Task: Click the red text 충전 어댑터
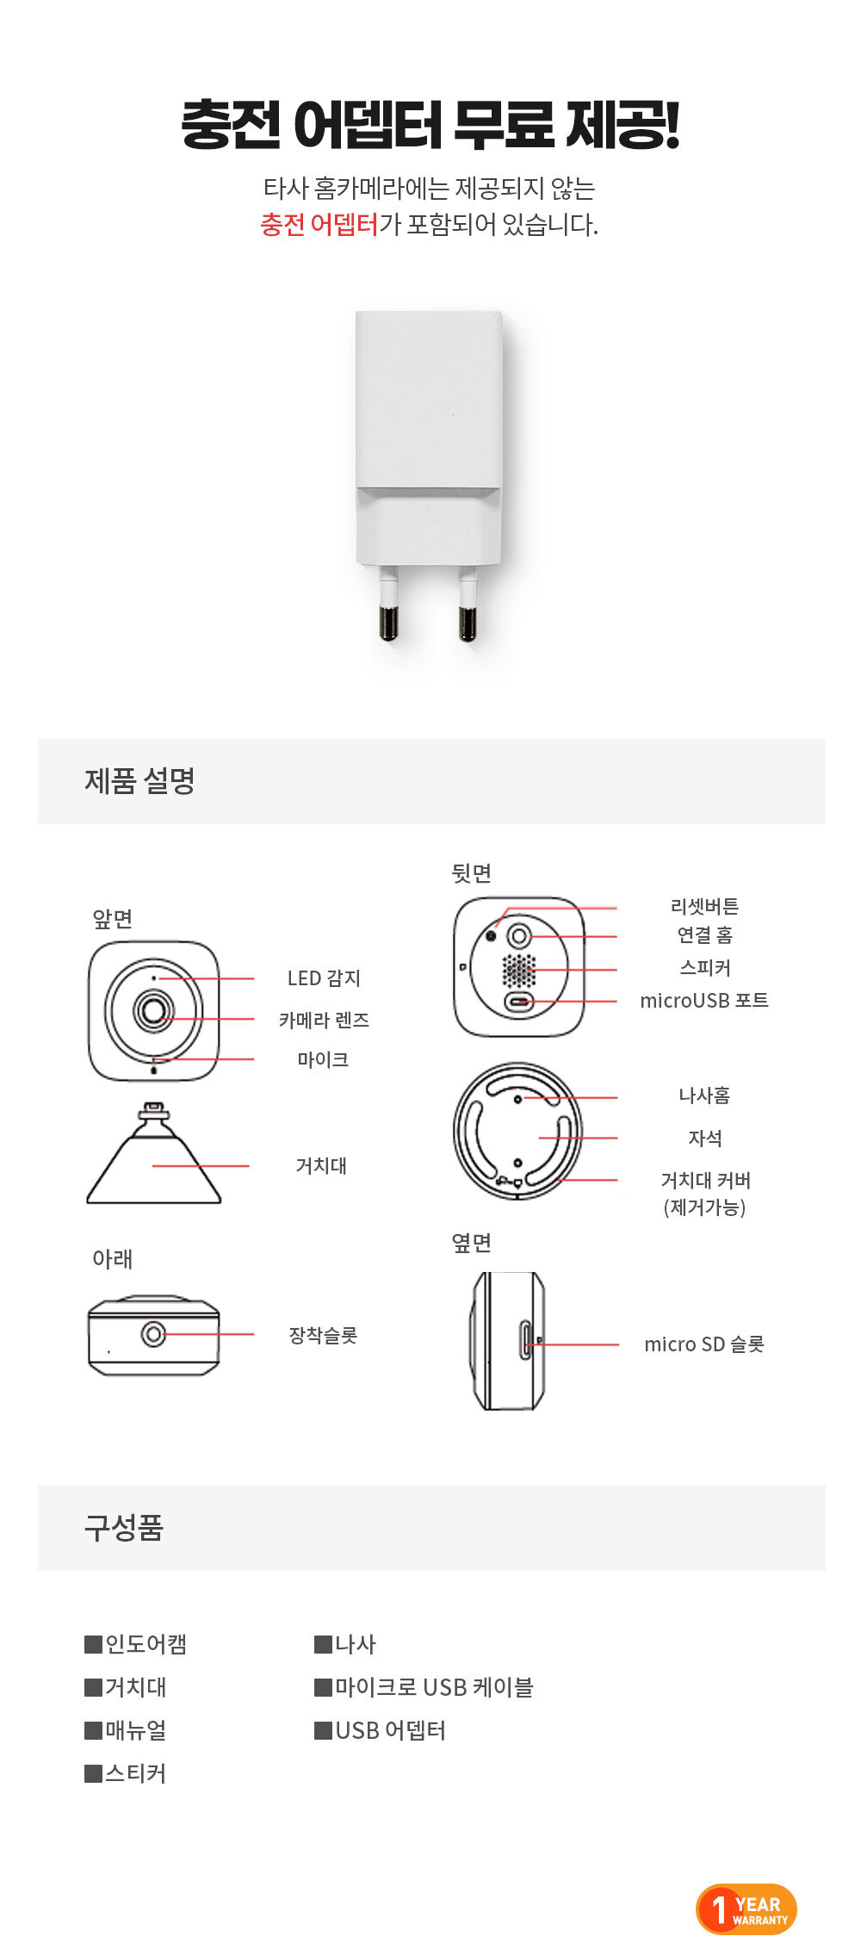319,225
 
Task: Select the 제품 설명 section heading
139,780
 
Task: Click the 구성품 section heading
123,1527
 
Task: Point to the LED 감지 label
324,978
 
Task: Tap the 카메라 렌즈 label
324,1020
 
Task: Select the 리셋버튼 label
704,906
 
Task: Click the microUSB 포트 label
704,1000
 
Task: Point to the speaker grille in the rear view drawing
518,971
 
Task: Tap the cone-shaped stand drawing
154,1153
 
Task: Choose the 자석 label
704,1138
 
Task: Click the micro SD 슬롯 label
704,1344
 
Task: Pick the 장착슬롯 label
323,1335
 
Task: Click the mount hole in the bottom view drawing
153,1334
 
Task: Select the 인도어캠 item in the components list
136,1644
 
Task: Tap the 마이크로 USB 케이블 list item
424,1687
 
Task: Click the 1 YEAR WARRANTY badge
746,1909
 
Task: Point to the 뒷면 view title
471,872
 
